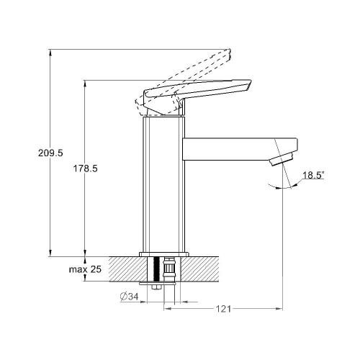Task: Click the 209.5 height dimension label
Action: click(x=50, y=153)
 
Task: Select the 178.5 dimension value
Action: click(x=85, y=168)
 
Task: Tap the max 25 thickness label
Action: click(x=85, y=269)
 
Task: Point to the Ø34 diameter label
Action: click(x=130, y=297)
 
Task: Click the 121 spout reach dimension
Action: click(x=223, y=309)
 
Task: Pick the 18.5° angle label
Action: click(x=313, y=175)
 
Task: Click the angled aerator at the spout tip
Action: click(x=282, y=158)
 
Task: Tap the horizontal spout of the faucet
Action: click(x=240, y=149)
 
